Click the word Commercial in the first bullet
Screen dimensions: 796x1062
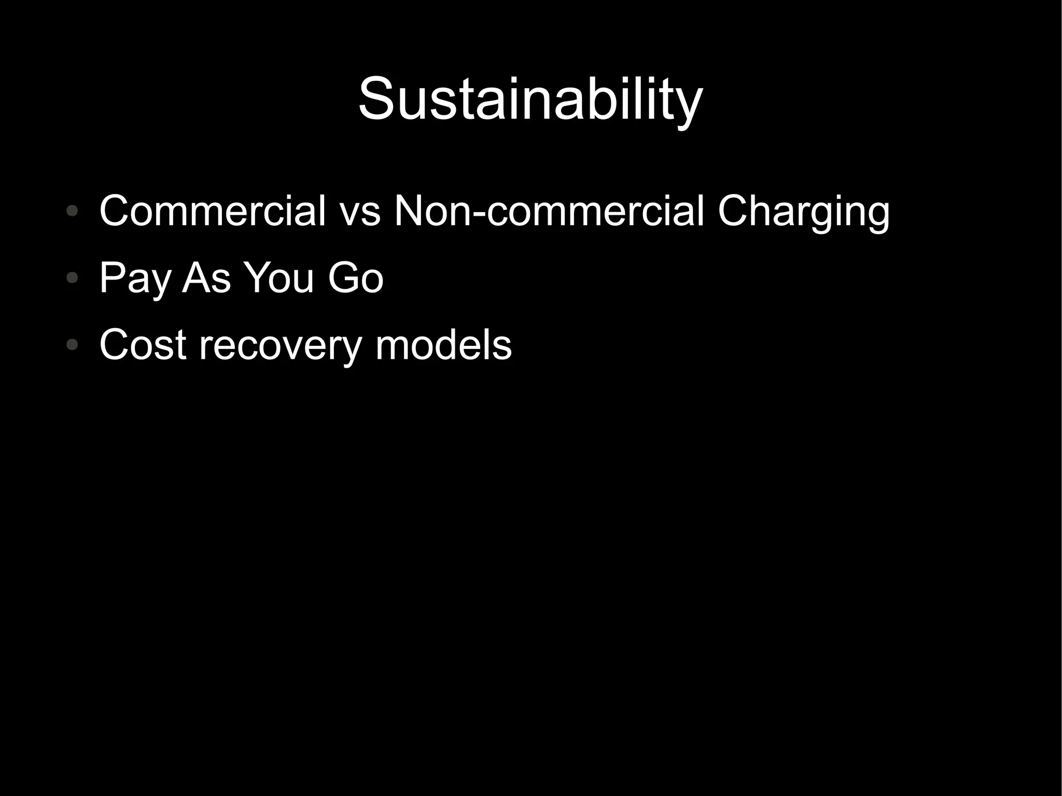213,211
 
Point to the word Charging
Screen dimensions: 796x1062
803,211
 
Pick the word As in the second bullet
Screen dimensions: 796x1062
206,278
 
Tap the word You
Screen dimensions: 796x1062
279,278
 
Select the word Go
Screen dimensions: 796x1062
355,278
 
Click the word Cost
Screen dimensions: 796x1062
143,345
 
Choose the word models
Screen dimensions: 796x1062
443,345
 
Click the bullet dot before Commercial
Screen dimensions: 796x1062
73,211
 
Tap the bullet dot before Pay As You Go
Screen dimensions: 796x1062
73,278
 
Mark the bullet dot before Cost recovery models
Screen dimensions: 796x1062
73,344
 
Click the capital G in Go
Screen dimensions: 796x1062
342,278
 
